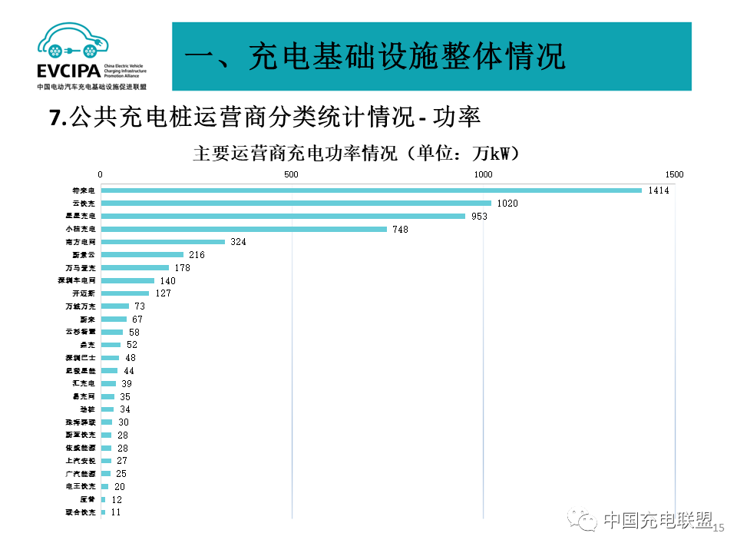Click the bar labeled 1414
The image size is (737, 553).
tap(371, 190)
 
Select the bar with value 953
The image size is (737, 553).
tap(283, 217)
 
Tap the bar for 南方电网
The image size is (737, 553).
tap(163, 242)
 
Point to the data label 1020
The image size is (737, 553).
tap(507, 204)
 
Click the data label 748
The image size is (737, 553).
tap(400, 230)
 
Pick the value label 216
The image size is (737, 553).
tap(197, 255)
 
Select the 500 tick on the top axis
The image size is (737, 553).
tap(292, 174)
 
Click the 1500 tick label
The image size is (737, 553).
tap(674, 174)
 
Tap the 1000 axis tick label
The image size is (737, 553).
tap(483, 174)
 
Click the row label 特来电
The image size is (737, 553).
tap(83, 190)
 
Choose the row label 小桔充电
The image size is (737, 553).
tap(81, 230)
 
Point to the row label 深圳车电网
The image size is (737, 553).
tap(78, 281)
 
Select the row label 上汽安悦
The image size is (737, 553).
tap(81, 461)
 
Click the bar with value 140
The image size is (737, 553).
tap(127, 281)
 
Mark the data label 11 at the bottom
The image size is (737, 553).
tap(117, 512)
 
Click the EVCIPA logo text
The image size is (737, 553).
tap(68, 71)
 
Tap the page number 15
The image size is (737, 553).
tap(719, 528)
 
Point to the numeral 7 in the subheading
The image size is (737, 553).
tap(54, 118)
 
